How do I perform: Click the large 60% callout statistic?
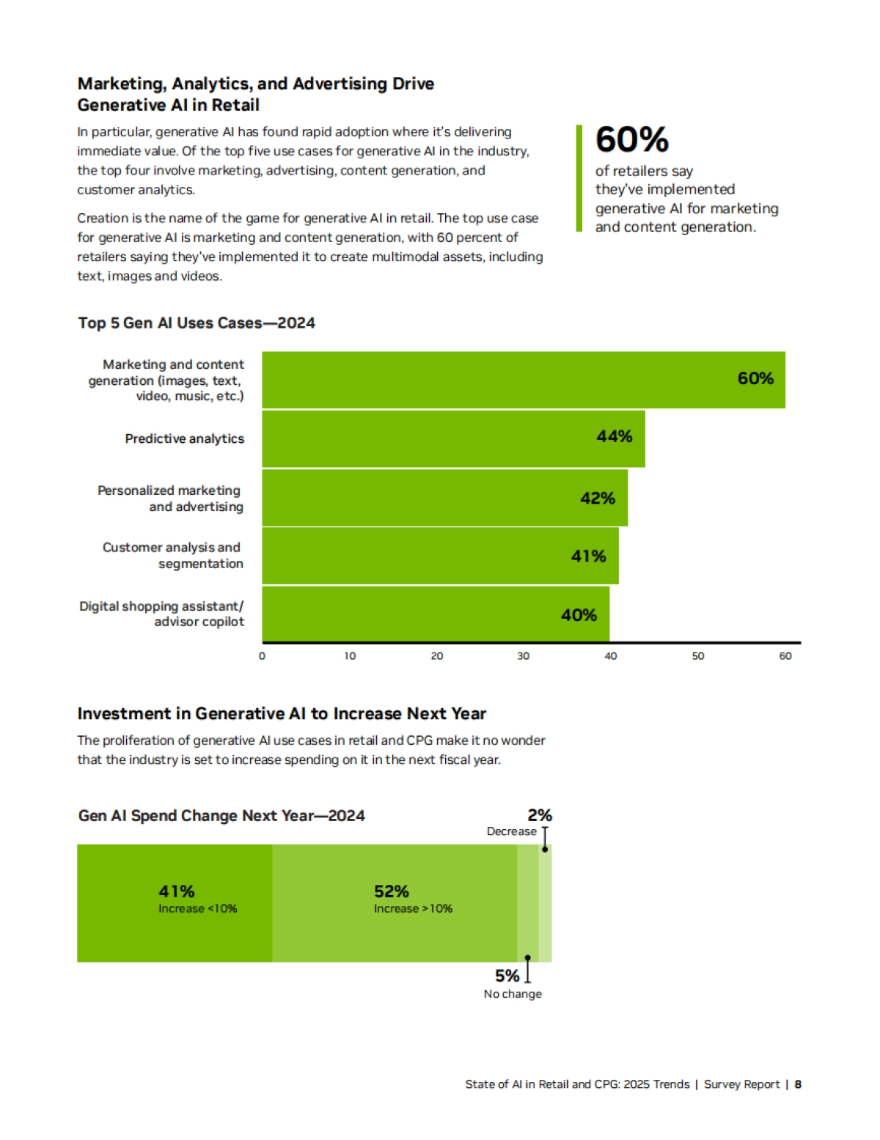click(631, 139)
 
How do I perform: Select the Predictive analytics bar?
click(453, 438)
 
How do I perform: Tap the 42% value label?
click(597, 499)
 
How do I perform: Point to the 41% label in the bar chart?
click(588, 556)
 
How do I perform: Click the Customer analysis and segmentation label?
click(173, 555)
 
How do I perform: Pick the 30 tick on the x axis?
click(523, 656)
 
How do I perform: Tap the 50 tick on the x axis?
click(697, 656)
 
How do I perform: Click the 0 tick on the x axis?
click(262, 656)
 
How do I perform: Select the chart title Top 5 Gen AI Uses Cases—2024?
click(197, 323)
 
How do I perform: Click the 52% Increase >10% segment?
click(395, 902)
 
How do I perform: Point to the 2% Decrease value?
click(539, 815)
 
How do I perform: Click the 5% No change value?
click(507, 976)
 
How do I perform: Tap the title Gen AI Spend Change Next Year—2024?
click(221, 816)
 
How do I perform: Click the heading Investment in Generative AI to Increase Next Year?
click(282, 714)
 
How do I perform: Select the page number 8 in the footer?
click(798, 1084)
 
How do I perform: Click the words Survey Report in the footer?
click(741, 1084)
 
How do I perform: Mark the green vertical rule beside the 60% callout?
click(579, 178)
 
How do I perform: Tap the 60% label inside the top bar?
click(755, 378)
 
